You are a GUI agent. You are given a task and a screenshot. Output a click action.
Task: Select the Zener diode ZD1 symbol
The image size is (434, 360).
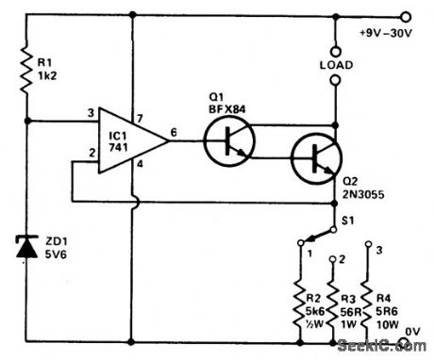pyautogui.click(x=29, y=247)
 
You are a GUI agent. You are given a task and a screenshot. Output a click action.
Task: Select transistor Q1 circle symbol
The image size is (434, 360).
pyautogui.click(x=229, y=140)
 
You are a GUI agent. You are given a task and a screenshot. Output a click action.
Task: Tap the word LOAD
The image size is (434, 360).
pyautogui.click(x=336, y=66)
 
